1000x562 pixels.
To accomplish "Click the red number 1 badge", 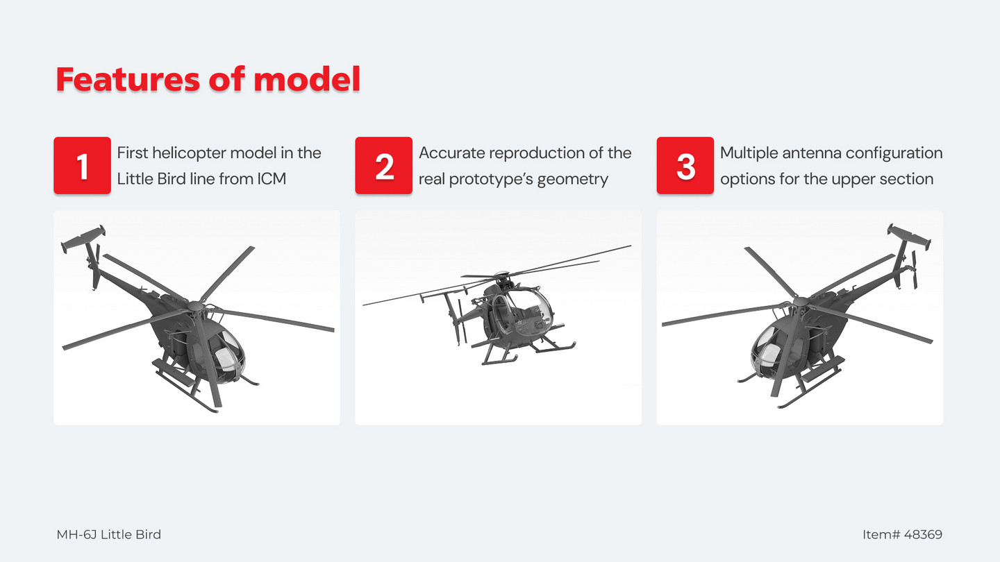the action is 82,165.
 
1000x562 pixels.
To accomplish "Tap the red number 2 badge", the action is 383,165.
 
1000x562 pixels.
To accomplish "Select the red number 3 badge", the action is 685,165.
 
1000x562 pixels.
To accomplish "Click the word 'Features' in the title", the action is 128,79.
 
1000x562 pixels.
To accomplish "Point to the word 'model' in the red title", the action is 307,79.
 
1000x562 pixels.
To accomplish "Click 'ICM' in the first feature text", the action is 272,179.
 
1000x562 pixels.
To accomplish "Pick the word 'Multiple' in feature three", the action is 749,153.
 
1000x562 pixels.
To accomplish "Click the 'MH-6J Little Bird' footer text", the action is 108,534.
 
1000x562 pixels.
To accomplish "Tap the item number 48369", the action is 923,534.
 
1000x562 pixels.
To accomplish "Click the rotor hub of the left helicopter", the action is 195,306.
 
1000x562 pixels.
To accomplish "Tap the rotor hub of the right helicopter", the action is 800,303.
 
